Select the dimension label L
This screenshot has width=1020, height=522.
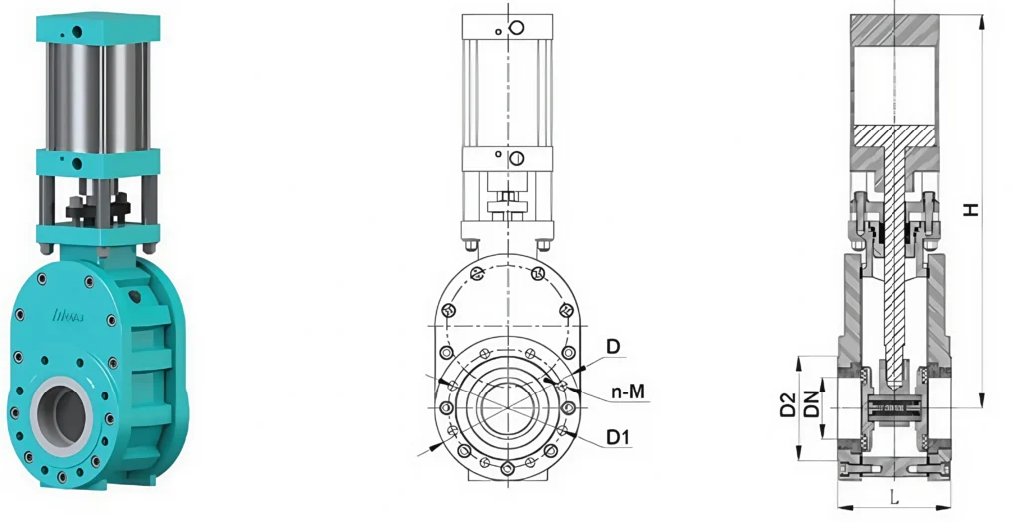893,495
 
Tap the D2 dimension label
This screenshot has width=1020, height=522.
788,405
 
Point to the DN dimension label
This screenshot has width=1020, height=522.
811,405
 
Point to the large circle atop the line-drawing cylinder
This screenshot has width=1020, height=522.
516,28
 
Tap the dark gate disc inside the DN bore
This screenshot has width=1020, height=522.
893,407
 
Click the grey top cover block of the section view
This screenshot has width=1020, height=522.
893,30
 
